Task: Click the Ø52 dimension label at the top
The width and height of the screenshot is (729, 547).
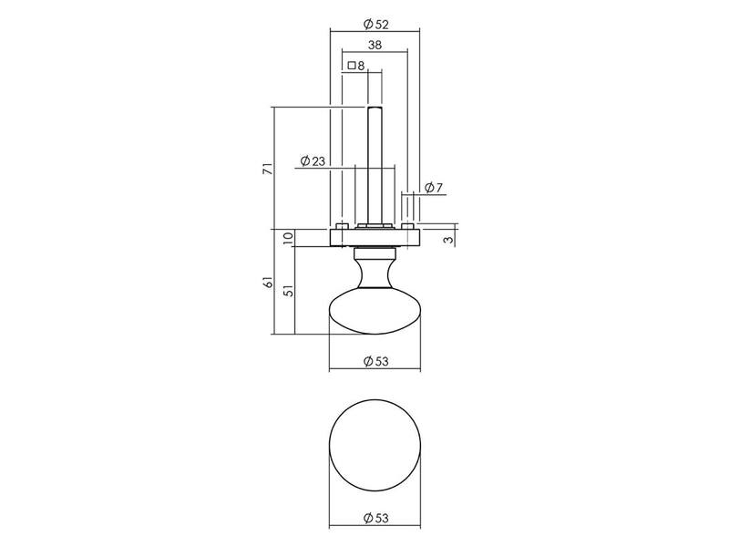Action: click(x=375, y=25)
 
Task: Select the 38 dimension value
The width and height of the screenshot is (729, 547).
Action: click(x=375, y=45)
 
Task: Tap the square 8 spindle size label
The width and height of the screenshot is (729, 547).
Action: click(x=356, y=66)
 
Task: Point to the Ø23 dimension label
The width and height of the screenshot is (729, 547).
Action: click(x=313, y=161)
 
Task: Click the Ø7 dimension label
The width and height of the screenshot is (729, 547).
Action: click(x=434, y=188)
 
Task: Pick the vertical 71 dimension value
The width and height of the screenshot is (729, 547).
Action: click(x=267, y=169)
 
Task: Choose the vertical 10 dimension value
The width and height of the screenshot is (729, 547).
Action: click(x=288, y=237)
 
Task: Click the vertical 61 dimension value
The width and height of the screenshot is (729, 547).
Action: click(x=268, y=282)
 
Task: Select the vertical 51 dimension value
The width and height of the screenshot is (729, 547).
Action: click(x=288, y=291)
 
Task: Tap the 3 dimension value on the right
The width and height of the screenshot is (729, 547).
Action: click(x=447, y=240)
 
